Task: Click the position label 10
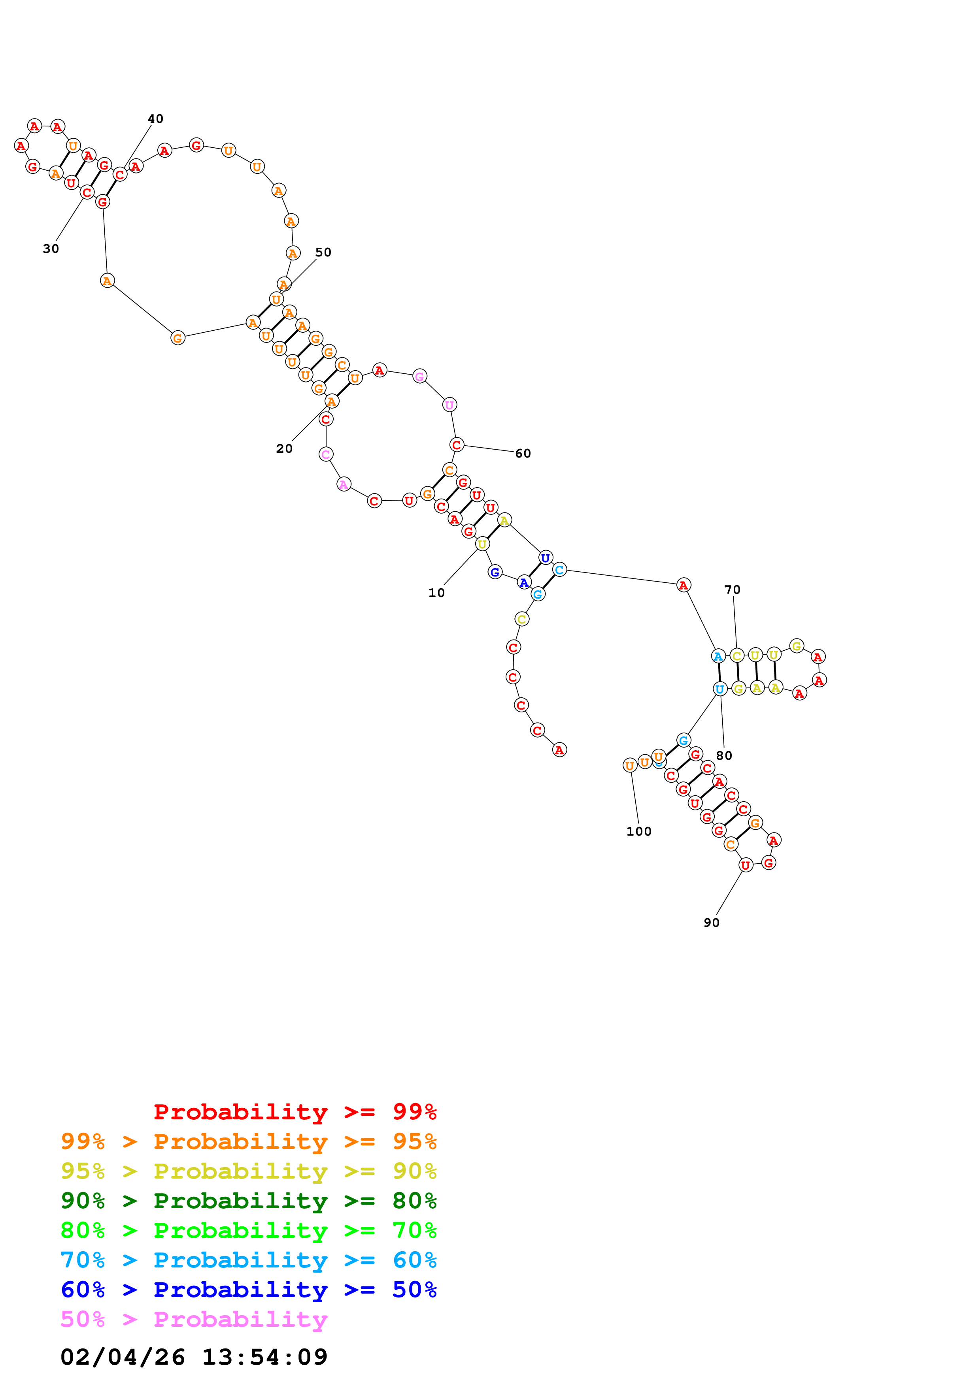pos(436,593)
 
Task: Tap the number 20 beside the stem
pos(284,448)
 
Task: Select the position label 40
pos(155,119)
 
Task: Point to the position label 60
pos(523,453)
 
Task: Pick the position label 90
pos(711,923)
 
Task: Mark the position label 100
pos(639,831)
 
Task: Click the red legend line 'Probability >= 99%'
pos(295,1111)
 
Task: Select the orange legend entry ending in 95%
pos(249,1141)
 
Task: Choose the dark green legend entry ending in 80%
pos(249,1201)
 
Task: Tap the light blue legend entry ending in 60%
pos(249,1260)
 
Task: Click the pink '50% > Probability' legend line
pos(194,1319)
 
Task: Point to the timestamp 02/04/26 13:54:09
pos(194,1357)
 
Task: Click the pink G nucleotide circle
pos(420,377)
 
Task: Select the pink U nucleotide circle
pos(449,405)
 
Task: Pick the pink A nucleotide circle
pos(344,484)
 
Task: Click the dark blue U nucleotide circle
pos(545,558)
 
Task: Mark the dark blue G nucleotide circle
pos(495,572)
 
